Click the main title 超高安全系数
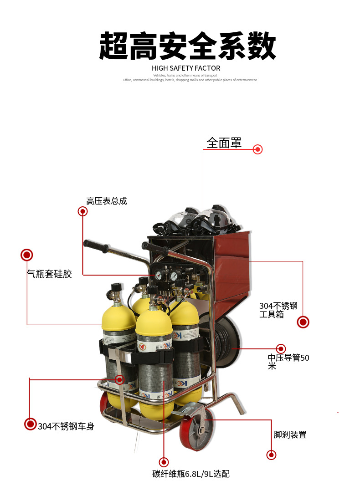(187, 46)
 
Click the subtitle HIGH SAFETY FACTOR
(186, 68)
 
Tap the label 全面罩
(224, 143)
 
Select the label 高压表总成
(106, 201)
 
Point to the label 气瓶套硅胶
(49, 274)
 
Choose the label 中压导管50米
(288, 362)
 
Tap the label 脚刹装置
(290, 435)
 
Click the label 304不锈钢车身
(66, 427)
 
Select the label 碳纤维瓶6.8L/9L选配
(191, 474)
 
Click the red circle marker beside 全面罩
(258, 149)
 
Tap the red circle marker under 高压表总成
(82, 211)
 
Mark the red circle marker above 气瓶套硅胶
(27, 255)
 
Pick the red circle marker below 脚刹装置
(271, 455)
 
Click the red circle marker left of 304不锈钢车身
(30, 424)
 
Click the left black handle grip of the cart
(96, 246)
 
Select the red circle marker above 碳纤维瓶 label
(164, 462)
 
